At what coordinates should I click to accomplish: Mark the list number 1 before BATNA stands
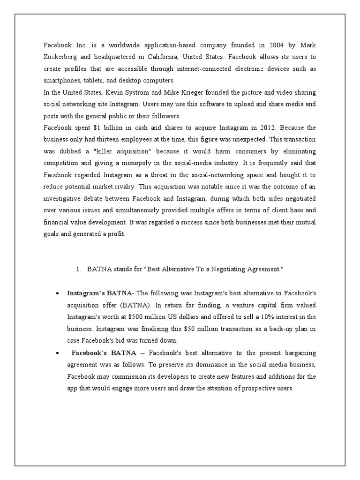pos(78,270)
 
